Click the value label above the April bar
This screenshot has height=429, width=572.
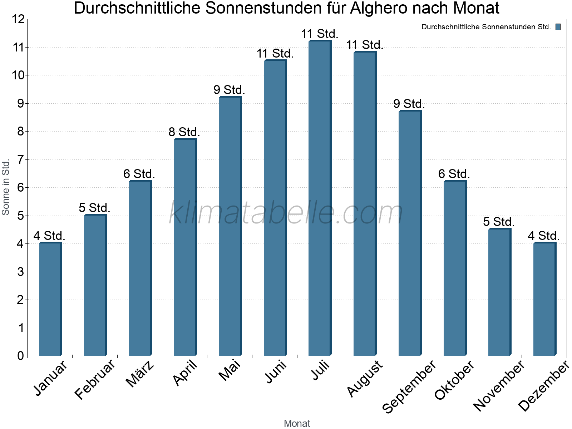click(184, 132)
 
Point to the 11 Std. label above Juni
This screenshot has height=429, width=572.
click(275, 54)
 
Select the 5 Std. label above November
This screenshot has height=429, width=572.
click(499, 222)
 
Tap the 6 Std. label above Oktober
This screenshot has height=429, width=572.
click(454, 174)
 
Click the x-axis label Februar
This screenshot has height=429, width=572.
click(95, 380)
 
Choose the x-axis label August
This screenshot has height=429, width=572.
click(365, 379)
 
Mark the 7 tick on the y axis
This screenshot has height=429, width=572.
click(20, 159)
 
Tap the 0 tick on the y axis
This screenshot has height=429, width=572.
click(20, 356)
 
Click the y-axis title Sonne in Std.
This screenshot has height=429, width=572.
click(6, 187)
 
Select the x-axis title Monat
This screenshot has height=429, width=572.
click(297, 423)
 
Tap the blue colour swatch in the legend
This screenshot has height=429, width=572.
click(558, 27)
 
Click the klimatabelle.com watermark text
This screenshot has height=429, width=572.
click(286, 213)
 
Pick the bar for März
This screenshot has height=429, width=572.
click(140, 268)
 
